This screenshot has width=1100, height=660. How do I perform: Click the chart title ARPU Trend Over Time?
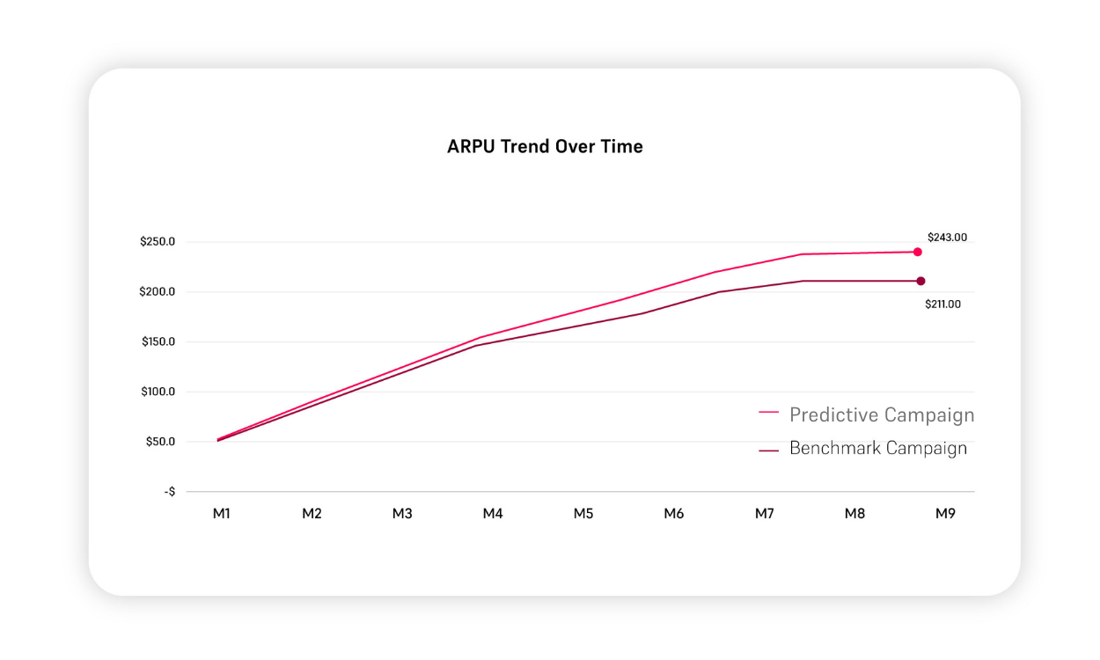pyautogui.click(x=545, y=147)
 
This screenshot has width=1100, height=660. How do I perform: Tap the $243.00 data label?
pyautogui.click(x=947, y=238)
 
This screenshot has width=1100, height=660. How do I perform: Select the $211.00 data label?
pyautogui.click(x=942, y=304)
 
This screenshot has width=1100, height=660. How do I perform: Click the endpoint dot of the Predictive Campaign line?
pyautogui.click(x=917, y=252)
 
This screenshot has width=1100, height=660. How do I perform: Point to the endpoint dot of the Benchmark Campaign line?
pyautogui.click(x=920, y=282)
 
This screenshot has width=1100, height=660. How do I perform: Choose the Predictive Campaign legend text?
pyautogui.click(x=882, y=414)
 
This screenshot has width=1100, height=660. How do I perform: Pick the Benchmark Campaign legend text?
pyautogui.click(x=878, y=448)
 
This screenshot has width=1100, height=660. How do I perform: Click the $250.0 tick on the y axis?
pyautogui.click(x=158, y=242)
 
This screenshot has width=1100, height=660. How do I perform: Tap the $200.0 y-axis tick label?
pyautogui.click(x=158, y=292)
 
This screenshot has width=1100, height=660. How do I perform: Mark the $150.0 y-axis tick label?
pyautogui.click(x=158, y=341)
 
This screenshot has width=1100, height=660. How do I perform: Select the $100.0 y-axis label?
pyautogui.click(x=158, y=392)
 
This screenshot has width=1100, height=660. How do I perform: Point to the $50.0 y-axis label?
pyautogui.click(x=160, y=442)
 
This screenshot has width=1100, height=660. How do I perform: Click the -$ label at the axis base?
pyautogui.click(x=169, y=491)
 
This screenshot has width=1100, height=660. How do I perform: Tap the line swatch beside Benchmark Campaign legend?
pyautogui.click(x=768, y=450)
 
